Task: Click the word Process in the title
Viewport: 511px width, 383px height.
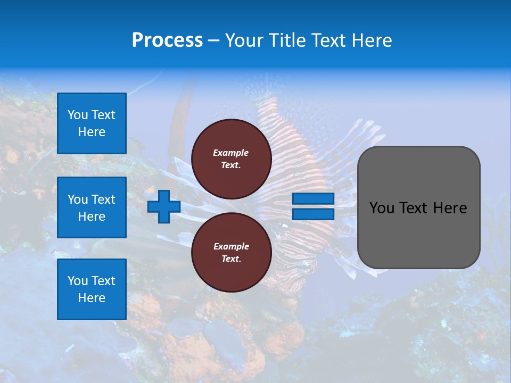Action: point(167,40)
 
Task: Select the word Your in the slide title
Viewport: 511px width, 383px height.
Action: point(244,40)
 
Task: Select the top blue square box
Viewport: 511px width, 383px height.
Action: point(92,123)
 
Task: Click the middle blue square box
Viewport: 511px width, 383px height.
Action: point(92,207)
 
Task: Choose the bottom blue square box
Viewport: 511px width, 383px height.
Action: point(92,289)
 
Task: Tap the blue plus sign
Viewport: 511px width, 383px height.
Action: point(163,206)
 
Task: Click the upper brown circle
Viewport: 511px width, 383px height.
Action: point(231,159)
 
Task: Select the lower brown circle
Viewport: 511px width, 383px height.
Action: point(231,253)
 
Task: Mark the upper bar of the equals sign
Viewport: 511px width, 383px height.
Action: point(313,198)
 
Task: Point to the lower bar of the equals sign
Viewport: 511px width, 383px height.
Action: point(313,214)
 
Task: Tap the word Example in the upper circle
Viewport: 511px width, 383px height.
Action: point(231,153)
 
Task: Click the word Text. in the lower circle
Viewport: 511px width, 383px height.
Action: point(231,259)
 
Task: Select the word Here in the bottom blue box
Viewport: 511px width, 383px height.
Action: point(92,298)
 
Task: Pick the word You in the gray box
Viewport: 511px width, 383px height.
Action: point(382,208)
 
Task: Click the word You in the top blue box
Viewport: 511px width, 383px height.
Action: point(77,115)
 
